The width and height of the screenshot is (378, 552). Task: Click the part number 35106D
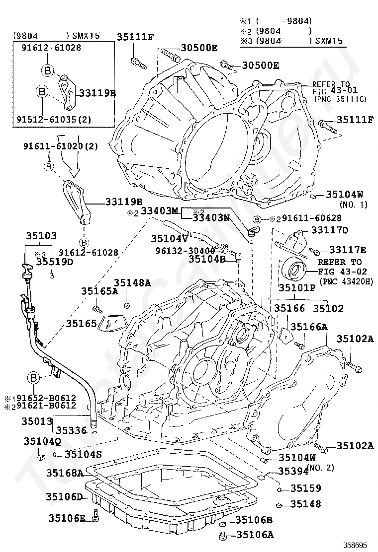(x=64, y=496)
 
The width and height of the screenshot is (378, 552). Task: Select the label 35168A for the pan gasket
(x=65, y=473)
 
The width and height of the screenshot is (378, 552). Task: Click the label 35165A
(x=100, y=291)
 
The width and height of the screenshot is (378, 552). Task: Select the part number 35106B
(x=254, y=520)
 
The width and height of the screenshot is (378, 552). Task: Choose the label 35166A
(x=309, y=327)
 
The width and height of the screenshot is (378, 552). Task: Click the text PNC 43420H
(x=346, y=281)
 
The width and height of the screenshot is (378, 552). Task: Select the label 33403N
(x=211, y=217)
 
